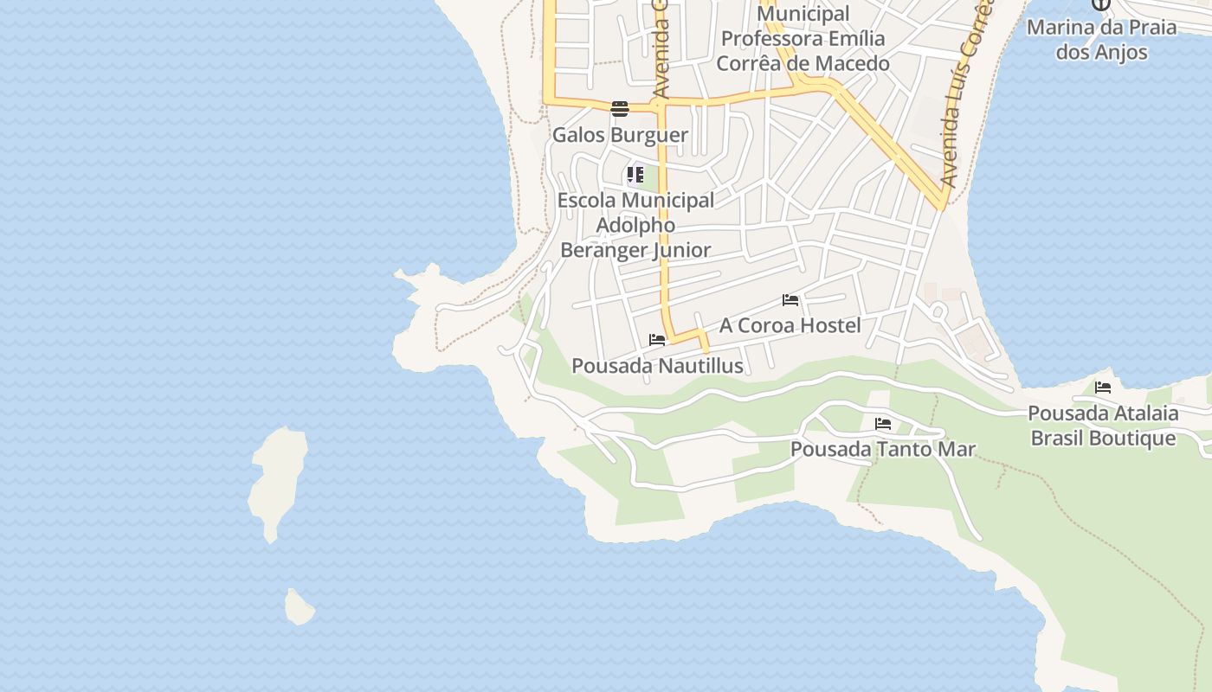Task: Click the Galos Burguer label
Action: (x=620, y=135)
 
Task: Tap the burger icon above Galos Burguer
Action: (x=620, y=109)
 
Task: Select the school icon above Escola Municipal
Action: (x=635, y=175)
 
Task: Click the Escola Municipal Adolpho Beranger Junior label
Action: (x=635, y=225)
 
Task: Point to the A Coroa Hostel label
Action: (x=790, y=325)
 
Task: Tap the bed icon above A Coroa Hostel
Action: (x=790, y=300)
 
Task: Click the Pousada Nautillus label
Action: (x=657, y=366)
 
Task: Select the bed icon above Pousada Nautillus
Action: (x=657, y=340)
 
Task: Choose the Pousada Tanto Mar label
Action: (x=882, y=450)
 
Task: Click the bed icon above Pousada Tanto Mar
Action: (x=883, y=424)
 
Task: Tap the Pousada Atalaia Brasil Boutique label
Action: (x=1103, y=426)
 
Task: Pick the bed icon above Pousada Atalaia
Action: (x=1103, y=388)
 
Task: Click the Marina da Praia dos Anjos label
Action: (x=1102, y=39)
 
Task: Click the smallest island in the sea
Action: (x=299, y=607)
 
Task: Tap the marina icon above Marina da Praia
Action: (x=1101, y=4)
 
